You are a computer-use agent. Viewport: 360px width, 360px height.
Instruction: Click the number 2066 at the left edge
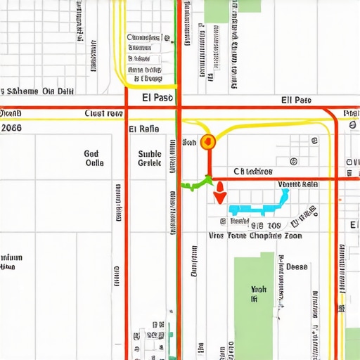pyautogui.click(x=11, y=128)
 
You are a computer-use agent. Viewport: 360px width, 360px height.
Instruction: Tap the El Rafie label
pyautogui.click(x=144, y=129)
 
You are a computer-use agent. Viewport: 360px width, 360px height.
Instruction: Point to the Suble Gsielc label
pyautogui.click(x=150, y=158)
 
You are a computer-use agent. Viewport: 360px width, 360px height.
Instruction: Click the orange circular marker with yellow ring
pyautogui.click(x=207, y=142)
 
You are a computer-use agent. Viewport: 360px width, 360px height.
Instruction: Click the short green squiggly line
pyautogui.click(x=196, y=184)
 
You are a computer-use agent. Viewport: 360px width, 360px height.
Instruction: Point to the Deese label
pyautogui.click(x=297, y=267)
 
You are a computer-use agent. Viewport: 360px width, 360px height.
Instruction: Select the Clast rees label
pyautogui.click(x=104, y=113)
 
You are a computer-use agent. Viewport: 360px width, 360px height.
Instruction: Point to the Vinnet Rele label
pyautogui.click(x=298, y=184)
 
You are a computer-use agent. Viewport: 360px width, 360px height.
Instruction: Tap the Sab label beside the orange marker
pyautogui.click(x=189, y=143)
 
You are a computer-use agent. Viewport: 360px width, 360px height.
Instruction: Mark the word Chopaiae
pyautogui.click(x=262, y=236)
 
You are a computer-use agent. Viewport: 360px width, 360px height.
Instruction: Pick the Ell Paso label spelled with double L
pyautogui.click(x=295, y=100)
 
